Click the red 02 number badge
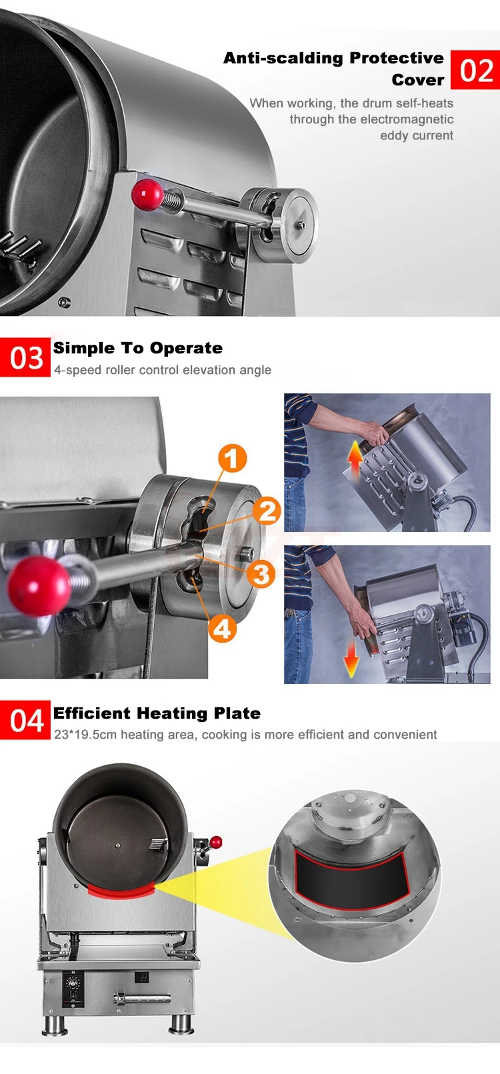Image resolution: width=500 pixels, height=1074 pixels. click(475, 70)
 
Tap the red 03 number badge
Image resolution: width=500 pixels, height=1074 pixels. click(25, 358)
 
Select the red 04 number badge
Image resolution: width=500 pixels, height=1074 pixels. click(25, 720)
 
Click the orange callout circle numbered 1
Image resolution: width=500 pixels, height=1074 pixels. click(233, 458)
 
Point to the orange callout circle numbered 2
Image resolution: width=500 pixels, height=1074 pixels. click(267, 511)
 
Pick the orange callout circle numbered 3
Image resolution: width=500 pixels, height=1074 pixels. click(261, 574)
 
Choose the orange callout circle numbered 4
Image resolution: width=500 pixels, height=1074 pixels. click(222, 629)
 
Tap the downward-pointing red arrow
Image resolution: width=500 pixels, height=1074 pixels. click(351, 659)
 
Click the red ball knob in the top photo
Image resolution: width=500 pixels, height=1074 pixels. click(147, 194)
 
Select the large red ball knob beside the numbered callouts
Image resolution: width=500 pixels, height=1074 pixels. click(39, 585)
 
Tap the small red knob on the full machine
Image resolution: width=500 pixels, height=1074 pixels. click(216, 841)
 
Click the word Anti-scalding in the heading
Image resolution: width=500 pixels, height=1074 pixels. click(283, 58)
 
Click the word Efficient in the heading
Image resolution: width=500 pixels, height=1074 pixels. click(91, 713)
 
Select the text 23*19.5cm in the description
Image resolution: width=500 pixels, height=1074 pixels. click(85, 735)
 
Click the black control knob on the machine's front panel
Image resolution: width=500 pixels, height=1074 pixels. click(73, 983)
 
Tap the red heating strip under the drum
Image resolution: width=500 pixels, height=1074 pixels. click(121, 891)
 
